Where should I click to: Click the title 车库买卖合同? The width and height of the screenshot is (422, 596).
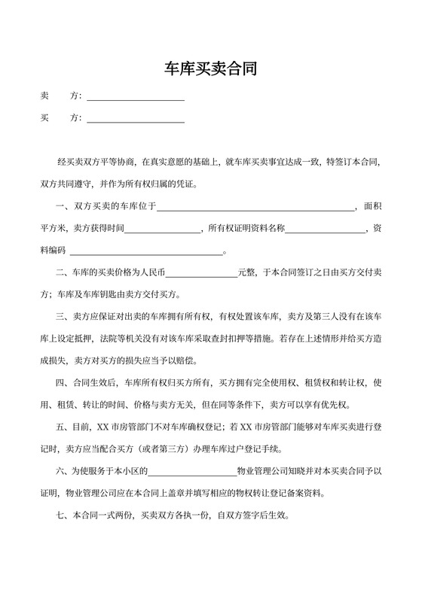pyautogui.click(x=211, y=70)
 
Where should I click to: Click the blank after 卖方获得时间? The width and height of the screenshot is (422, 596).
pyautogui.click(x=164, y=230)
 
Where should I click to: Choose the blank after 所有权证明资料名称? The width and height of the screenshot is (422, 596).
pyautogui.click(x=325, y=230)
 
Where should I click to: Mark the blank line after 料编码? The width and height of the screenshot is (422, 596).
pyautogui.click(x=145, y=251)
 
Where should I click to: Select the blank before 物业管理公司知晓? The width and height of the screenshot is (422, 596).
pyautogui.click(x=192, y=473)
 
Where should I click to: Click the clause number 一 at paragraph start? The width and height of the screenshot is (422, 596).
pyautogui.click(x=61, y=207)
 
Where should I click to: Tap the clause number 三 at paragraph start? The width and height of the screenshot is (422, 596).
pyautogui.click(x=61, y=318)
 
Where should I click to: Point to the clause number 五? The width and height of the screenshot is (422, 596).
pyautogui.click(x=61, y=427)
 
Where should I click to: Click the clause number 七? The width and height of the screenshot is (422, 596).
pyautogui.click(x=61, y=518)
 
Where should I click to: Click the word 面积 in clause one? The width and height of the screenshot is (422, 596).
pyautogui.click(x=373, y=207)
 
